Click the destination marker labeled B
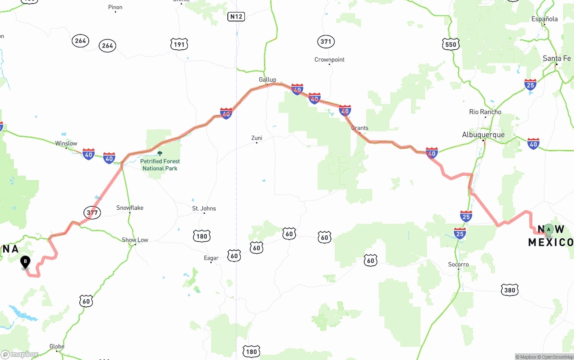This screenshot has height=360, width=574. (26, 261)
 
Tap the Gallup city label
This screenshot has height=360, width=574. (267, 80)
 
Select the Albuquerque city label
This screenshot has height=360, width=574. (483, 135)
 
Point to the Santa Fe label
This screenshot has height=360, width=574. (557, 59)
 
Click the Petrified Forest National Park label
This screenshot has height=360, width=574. (160, 165)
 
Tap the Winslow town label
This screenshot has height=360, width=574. (66, 143)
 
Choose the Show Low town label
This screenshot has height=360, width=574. (135, 240)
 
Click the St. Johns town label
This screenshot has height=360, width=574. (204, 208)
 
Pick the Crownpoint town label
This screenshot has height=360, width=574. (329, 60)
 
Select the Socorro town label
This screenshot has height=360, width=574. (458, 265)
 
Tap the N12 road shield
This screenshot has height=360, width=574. (236, 17)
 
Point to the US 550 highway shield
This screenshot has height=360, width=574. (450, 44)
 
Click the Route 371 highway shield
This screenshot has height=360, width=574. (326, 42)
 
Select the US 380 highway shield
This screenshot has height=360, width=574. (509, 290)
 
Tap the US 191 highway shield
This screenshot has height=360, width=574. (179, 44)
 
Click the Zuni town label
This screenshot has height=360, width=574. (257, 138)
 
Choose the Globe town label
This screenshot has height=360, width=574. (57, 346)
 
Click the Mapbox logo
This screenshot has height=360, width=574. (20, 354)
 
